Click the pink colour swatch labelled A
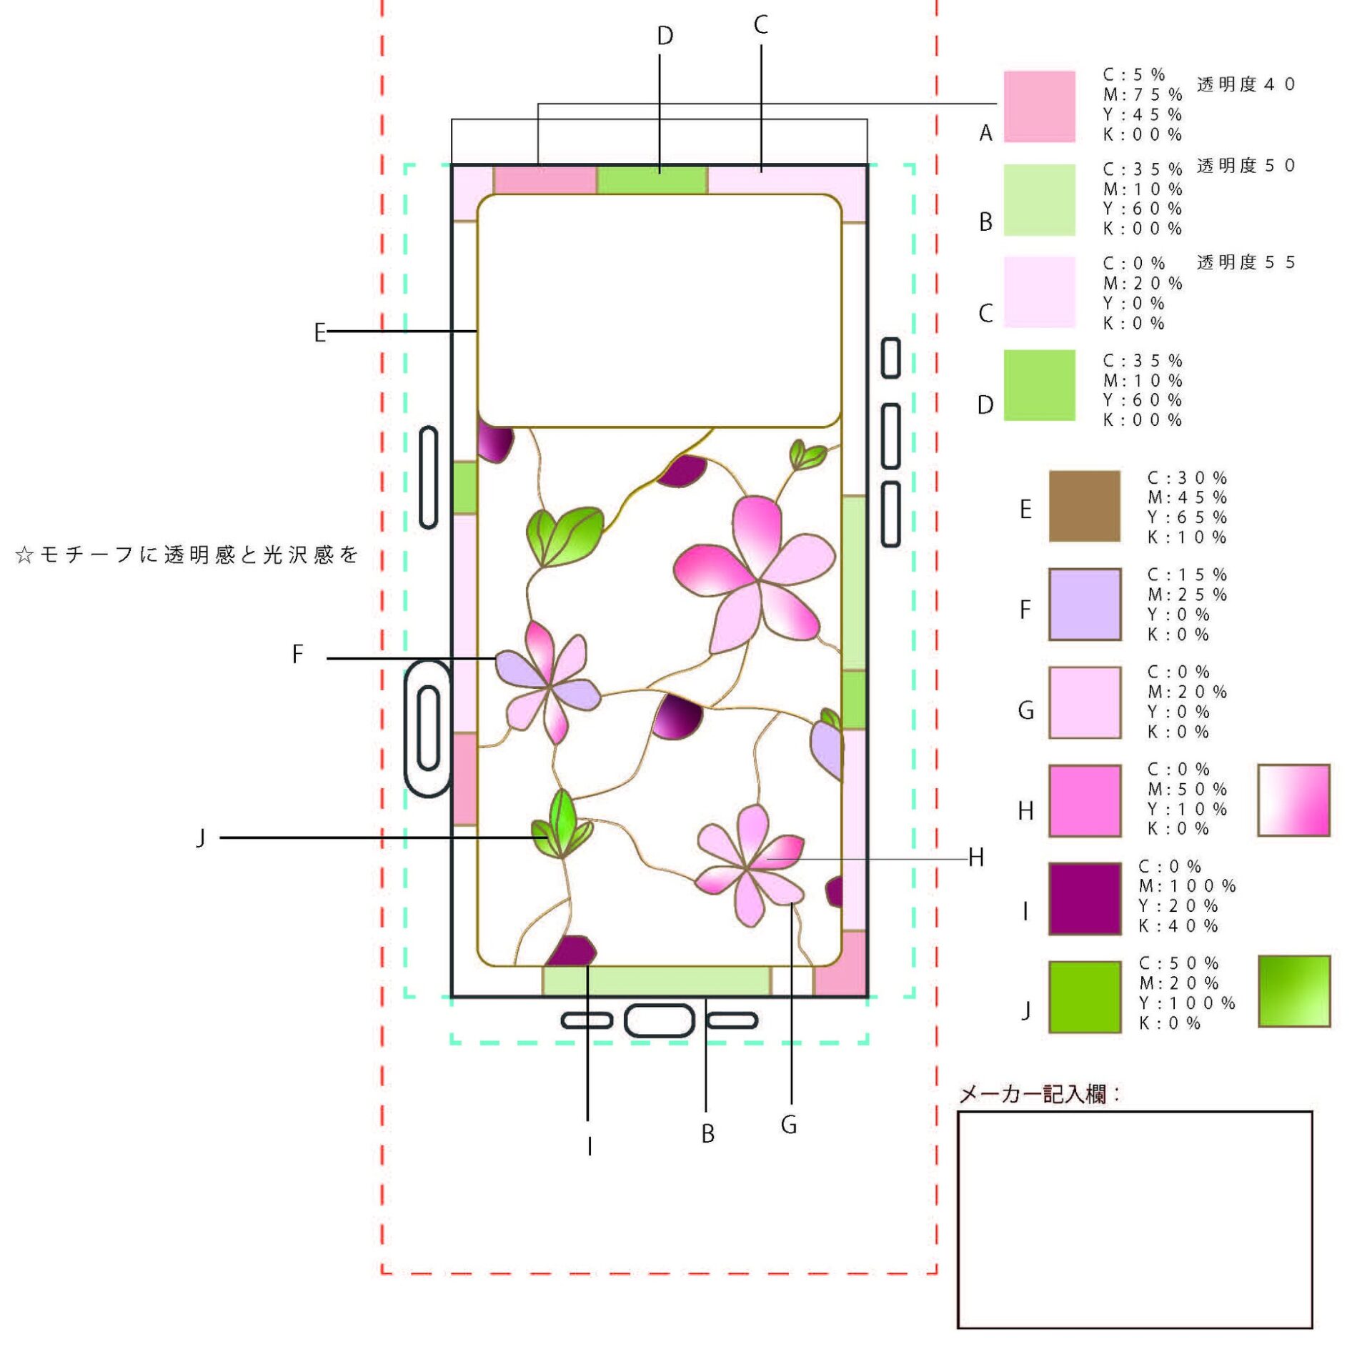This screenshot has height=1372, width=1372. [1039, 106]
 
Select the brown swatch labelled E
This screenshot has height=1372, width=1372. [1084, 506]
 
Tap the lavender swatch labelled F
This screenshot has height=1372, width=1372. [1084, 605]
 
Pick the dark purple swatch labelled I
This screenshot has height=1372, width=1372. [1084, 898]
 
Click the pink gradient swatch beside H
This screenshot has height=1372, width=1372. [1293, 800]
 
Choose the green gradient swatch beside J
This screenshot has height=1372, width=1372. [1293, 991]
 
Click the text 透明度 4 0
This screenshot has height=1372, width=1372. [1246, 84]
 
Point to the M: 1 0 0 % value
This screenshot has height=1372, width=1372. [1186, 885]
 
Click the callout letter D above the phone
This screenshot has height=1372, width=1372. [665, 36]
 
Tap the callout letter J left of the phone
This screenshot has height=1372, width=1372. [201, 837]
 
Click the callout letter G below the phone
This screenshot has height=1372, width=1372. [788, 1125]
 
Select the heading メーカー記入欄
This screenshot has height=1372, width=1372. [1038, 1094]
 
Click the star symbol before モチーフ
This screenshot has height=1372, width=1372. [24, 555]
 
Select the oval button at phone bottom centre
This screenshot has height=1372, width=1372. [659, 1020]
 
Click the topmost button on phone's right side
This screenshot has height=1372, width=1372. [890, 358]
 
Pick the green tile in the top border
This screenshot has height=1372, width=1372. [651, 180]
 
